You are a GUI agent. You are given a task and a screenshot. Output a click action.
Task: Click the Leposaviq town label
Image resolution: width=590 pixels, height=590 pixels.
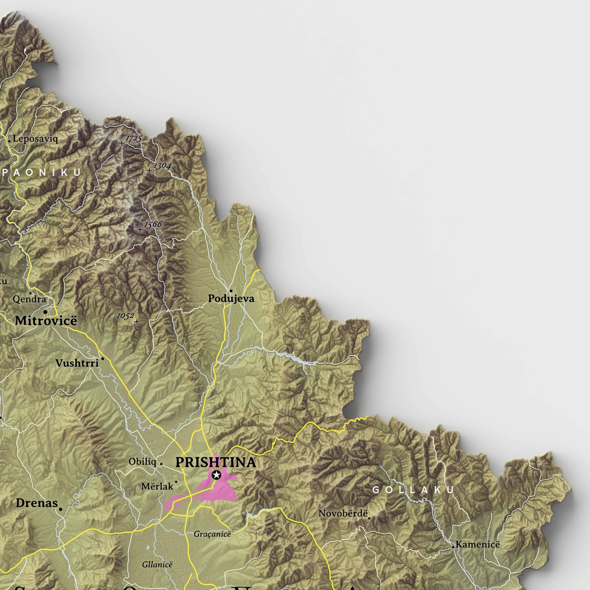click(35, 139)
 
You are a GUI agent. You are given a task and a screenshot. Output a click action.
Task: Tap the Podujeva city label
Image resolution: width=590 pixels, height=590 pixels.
click(231, 298)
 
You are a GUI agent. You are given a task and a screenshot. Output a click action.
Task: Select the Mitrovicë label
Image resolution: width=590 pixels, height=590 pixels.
click(46, 321)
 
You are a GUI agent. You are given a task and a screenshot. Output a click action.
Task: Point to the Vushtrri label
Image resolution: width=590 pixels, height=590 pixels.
click(77, 363)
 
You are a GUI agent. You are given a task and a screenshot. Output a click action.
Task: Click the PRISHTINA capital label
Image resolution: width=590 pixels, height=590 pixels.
click(216, 462)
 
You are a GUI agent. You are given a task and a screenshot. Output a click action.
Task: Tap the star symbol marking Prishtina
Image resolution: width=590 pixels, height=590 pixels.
click(216, 475)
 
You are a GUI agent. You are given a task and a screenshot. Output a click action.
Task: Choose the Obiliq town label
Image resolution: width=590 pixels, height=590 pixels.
click(142, 461)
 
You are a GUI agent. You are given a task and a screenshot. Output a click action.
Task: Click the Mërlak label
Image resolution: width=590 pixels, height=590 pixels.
click(157, 486)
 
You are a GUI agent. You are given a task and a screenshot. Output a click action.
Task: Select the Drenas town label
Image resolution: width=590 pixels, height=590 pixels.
click(37, 503)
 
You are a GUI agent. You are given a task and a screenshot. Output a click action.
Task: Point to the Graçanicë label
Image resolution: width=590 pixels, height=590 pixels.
click(212, 534)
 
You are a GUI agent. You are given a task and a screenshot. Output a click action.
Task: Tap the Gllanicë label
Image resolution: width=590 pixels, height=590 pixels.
click(157, 564)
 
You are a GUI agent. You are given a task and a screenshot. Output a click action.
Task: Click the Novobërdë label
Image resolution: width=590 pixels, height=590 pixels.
click(343, 513)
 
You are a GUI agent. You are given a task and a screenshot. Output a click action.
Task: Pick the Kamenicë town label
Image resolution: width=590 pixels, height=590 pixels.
click(478, 544)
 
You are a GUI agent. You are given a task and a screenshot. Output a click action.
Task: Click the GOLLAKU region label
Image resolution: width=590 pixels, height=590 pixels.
click(413, 490)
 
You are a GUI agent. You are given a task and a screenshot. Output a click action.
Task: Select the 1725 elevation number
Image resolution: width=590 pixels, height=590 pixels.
click(134, 138)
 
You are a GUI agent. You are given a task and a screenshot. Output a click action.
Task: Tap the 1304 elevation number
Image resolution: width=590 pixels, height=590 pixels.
click(162, 165)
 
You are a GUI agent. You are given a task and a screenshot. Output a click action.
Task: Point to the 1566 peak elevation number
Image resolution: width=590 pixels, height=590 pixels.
click(153, 225)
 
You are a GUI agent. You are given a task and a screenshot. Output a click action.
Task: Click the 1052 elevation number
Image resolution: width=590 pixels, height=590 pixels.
click(125, 316)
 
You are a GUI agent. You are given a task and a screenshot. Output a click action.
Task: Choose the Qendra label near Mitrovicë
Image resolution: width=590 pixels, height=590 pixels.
click(29, 299)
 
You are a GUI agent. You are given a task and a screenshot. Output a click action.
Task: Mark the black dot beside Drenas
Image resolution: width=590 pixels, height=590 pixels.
click(60, 509)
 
